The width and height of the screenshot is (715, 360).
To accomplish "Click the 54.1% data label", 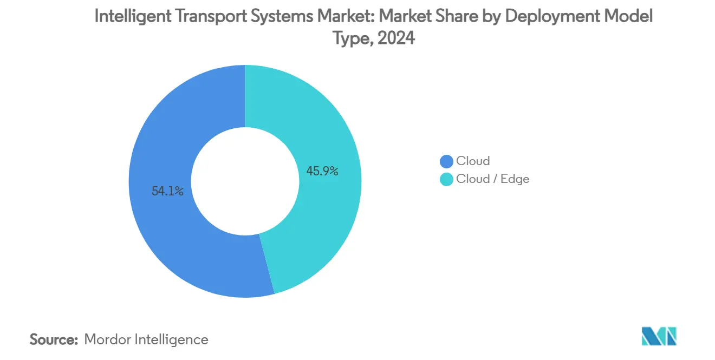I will [x=167, y=191].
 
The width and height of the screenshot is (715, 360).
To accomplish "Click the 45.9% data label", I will [x=322, y=172].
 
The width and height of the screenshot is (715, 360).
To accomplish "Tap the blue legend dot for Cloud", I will [x=446, y=161].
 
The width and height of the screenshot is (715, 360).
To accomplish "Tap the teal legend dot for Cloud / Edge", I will [x=446, y=179].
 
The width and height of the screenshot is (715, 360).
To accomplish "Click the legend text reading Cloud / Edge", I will [x=492, y=179].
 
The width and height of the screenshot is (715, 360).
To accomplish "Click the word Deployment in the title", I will [x=550, y=17].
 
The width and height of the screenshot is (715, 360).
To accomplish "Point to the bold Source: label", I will [x=54, y=339].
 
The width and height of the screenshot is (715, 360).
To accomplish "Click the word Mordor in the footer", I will [x=106, y=339].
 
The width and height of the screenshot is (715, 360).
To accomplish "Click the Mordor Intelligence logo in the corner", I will [x=659, y=336].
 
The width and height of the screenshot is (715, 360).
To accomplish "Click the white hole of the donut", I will [x=245, y=181].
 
